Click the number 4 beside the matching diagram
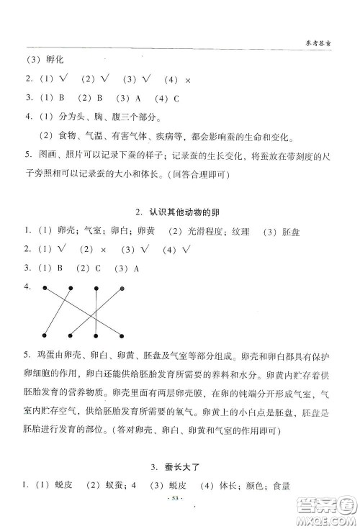click(27, 286)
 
